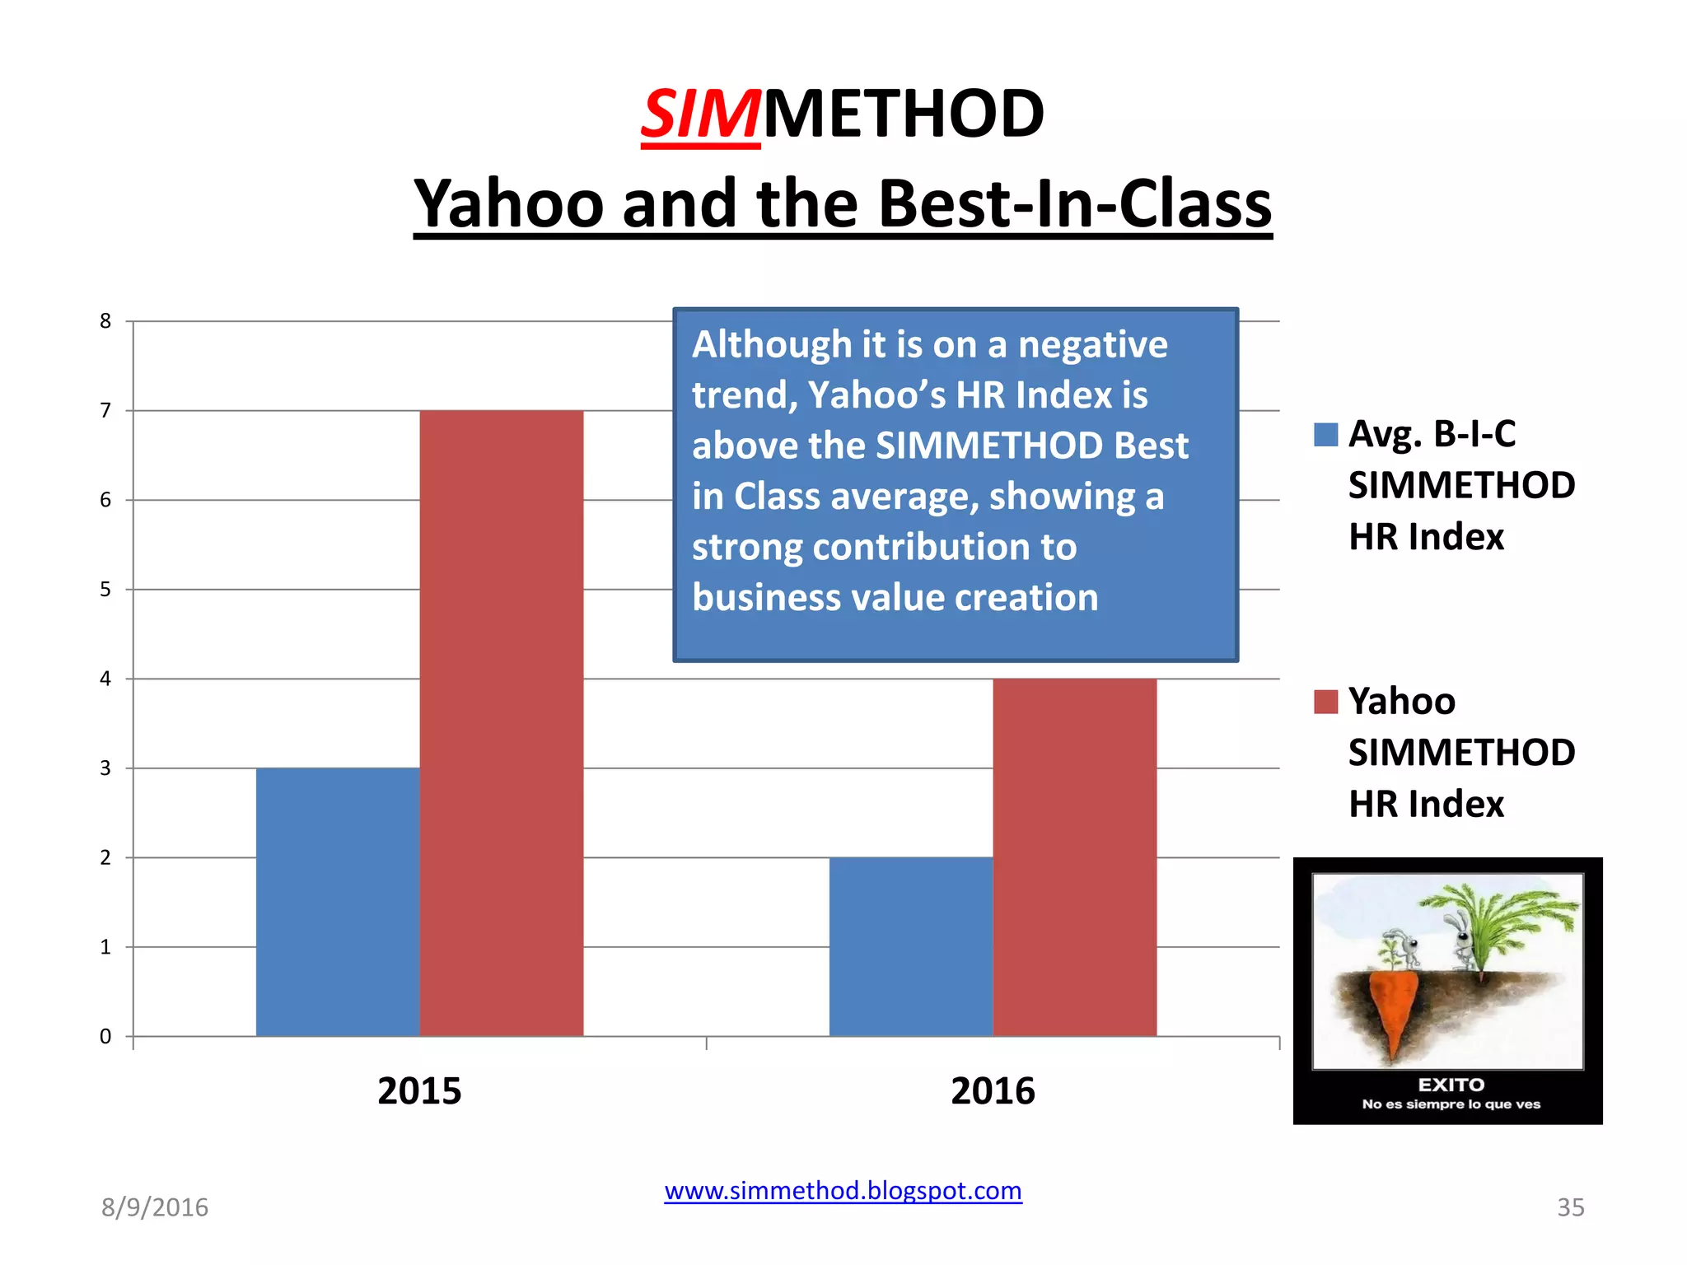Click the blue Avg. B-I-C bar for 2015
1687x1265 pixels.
338,902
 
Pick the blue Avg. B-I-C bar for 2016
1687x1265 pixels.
911,946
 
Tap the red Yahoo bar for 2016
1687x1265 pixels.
1074,857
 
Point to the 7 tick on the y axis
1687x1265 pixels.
105,410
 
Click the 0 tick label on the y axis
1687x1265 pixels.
105,1036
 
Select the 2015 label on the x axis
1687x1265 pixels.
419,1090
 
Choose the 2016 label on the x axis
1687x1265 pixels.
993,1090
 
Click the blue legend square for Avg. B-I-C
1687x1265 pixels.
1325,434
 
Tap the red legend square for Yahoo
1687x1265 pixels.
1325,702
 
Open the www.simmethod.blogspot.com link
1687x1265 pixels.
843,1190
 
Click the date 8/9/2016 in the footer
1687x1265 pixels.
155,1207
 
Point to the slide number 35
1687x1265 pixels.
1570,1207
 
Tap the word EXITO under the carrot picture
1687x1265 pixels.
1451,1085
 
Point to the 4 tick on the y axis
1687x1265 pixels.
105,679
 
